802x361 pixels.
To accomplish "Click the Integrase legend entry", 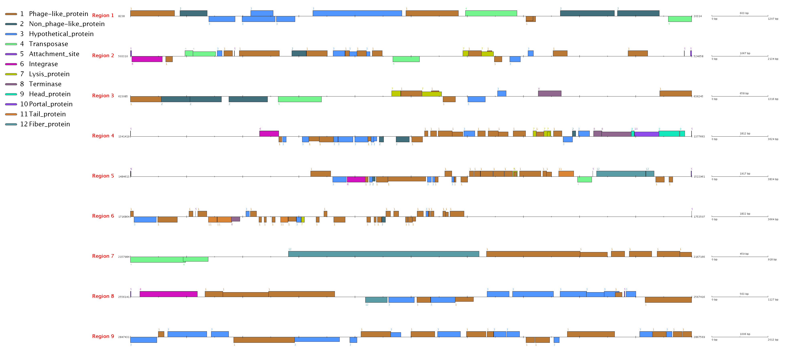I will coord(43,64).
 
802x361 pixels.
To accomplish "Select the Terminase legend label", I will coord(45,84).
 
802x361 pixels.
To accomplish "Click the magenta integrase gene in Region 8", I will coord(168,294).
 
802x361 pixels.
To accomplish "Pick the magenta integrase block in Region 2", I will coord(147,59).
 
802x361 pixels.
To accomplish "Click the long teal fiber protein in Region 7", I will coord(384,254).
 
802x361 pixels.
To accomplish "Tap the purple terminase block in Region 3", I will coord(550,93).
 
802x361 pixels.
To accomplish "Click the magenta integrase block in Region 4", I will coord(269,134).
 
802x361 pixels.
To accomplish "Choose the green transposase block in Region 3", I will coord(300,99).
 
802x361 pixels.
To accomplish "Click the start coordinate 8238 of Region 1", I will coord(122,16).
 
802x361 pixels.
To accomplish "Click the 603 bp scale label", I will coord(744,13).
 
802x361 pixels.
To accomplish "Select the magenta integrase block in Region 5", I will coord(356,179).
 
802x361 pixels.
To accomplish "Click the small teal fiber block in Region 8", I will coord(376,300).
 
